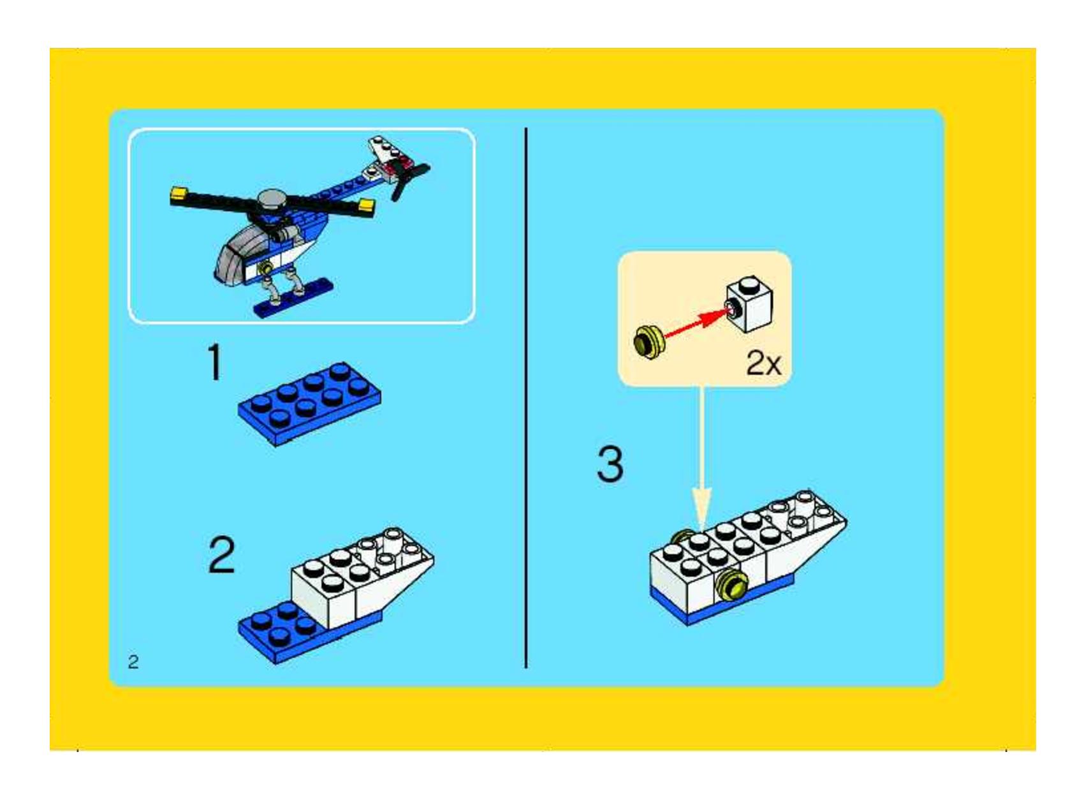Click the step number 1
coord(215,362)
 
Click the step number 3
coord(610,464)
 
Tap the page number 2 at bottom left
coord(133,661)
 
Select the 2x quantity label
coord(763,364)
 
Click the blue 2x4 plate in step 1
coord(310,403)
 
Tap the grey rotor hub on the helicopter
coord(271,200)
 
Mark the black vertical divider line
coord(526,395)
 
